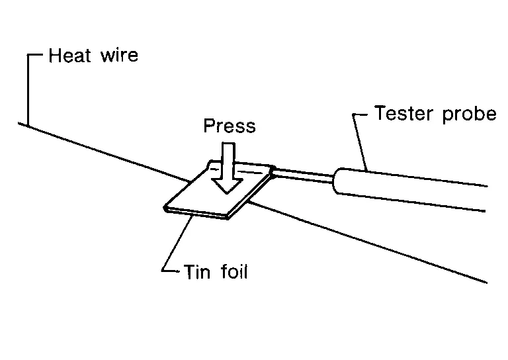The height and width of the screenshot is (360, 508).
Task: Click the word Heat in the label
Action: coord(70,56)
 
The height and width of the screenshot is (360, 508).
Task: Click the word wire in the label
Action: coord(120,55)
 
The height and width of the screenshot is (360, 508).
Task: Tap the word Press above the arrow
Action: coord(230,126)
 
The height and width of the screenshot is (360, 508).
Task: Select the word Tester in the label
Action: coord(403,113)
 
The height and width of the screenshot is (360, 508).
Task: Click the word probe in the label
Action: coord(469,114)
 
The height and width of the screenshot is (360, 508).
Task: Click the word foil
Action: coord(235,271)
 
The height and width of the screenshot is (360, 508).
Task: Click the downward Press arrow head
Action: coord(227,185)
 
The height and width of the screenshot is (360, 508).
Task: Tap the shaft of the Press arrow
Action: coord(228,160)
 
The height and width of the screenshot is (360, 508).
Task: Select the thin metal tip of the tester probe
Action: coord(304,175)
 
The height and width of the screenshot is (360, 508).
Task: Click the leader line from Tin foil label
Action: coord(177,244)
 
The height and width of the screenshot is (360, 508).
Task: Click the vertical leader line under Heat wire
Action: coord(28,90)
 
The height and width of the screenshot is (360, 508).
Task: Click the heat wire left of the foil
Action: coord(104,152)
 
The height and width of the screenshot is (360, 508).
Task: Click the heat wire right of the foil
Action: coord(368,242)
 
